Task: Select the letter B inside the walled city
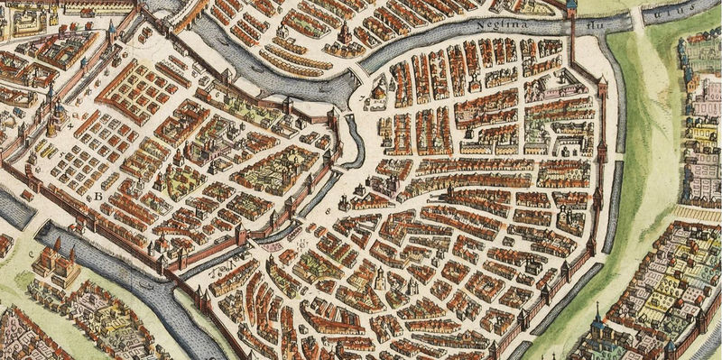[97, 195]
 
